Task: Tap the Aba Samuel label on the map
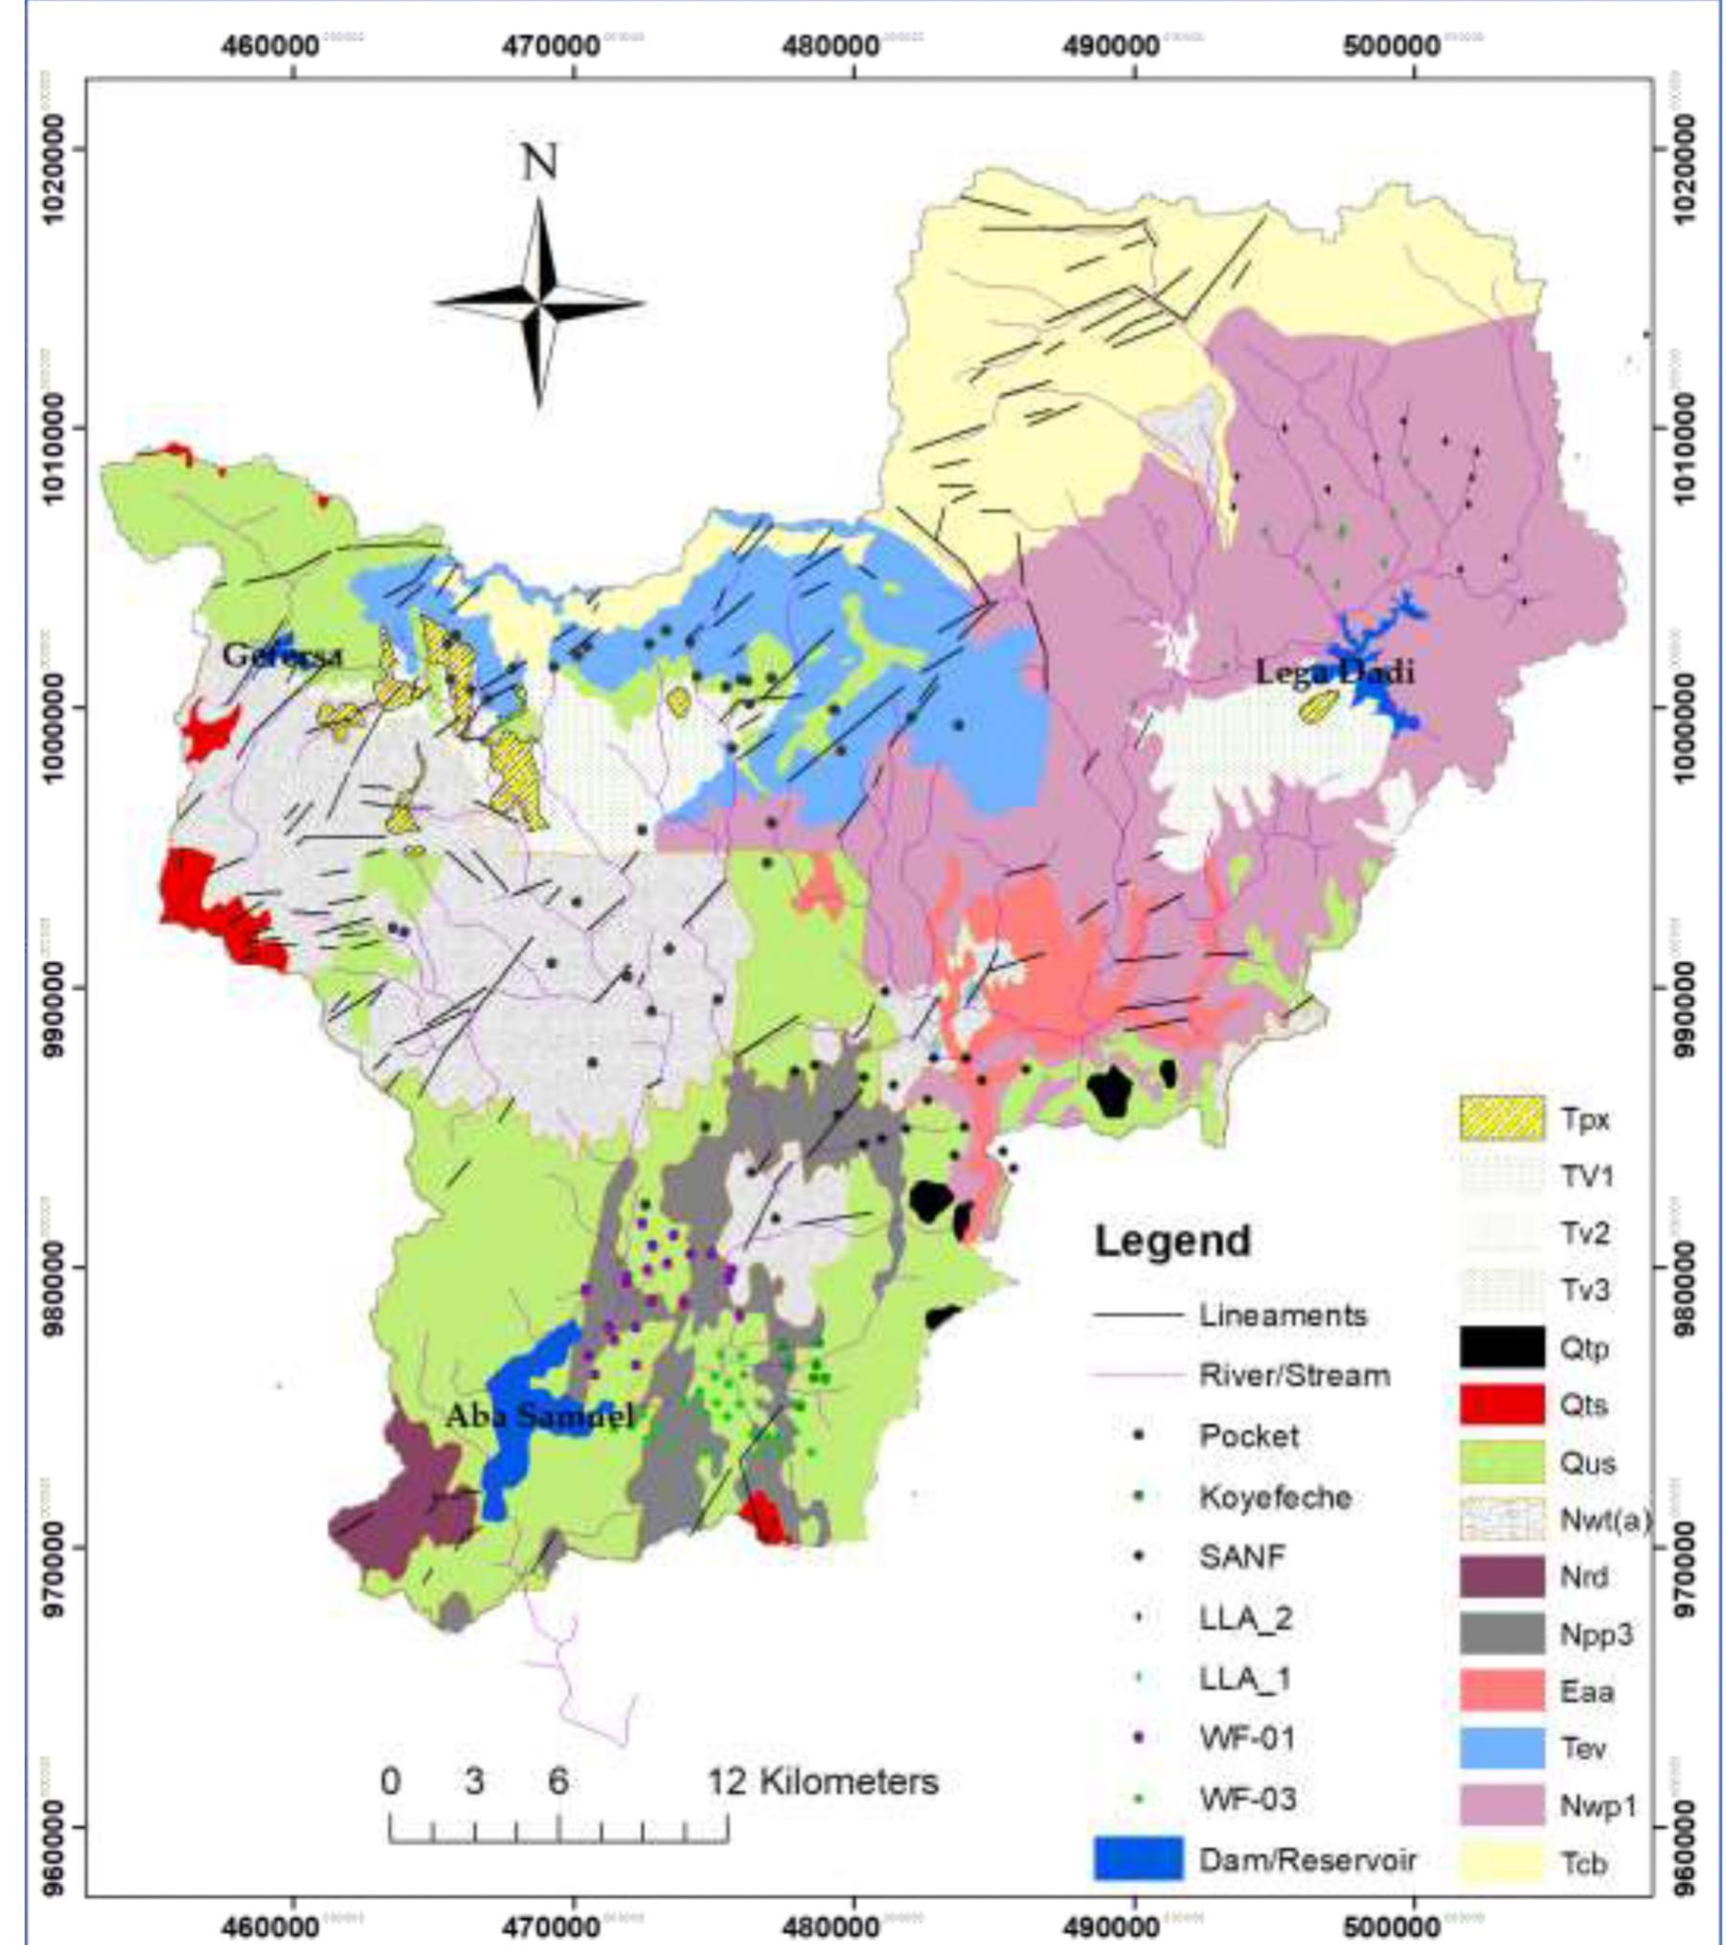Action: [539, 1415]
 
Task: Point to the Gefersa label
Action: [282, 655]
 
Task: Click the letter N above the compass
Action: [538, 163]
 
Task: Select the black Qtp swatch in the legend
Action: [1502, 1347]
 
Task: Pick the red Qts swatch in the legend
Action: [1502, 1405]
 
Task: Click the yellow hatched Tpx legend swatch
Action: [1502, 1119]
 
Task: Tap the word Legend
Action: [1172, 1241]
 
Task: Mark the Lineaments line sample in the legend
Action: [1137, 1316]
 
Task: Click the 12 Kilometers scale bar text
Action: [823, 1781]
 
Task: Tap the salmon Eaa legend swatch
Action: [1502, 1690]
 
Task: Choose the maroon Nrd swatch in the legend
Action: [1502, 1576]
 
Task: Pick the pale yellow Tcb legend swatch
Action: [1502, 1862]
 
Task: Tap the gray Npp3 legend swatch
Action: [1502, 1634]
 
